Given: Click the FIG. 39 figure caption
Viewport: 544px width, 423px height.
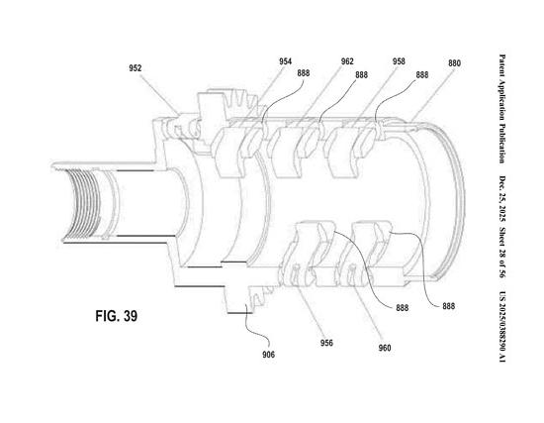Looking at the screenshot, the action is [x=117, y=316].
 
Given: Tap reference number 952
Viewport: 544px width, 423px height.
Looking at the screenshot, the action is [x=136, y=68].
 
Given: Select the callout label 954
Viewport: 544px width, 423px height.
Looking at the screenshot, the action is [x=286, y=61].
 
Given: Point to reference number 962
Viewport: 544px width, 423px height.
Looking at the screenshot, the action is [x=347, y=61].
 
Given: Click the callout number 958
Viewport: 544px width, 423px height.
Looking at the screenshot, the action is [x=399, y=61].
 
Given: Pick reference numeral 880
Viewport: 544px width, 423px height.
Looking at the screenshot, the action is [x=454, y=63].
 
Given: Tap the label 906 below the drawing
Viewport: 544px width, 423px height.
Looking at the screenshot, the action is [x=268, y=355].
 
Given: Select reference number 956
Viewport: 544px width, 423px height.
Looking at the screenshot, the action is [x=326, y=343].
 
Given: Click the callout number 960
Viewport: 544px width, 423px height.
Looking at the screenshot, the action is [x=385, y=348].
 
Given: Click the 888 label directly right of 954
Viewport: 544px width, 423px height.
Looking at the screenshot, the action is [x=304, y=73].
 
